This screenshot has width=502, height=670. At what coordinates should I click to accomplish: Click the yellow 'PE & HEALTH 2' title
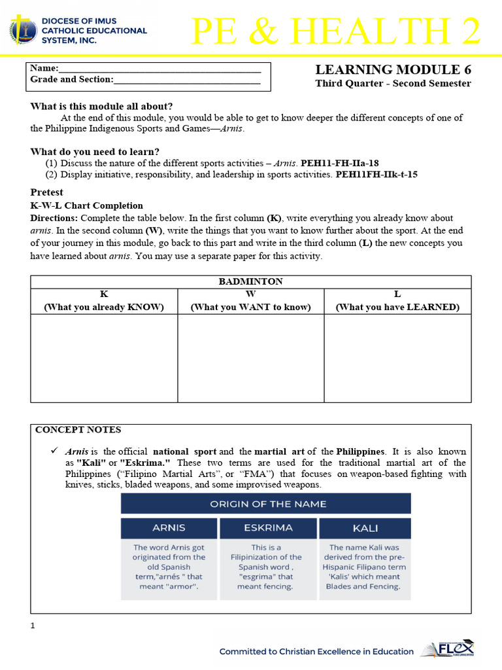click(336, 31)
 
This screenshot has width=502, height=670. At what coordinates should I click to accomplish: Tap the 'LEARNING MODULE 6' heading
click(393, 70)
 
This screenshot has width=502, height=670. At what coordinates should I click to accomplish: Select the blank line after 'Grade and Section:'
click(187, 80)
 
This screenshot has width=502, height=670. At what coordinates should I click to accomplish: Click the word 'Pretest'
click(47, 192)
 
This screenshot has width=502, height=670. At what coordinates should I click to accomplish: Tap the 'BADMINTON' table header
click(250, 281)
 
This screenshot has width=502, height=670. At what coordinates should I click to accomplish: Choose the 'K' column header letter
click(103, 294)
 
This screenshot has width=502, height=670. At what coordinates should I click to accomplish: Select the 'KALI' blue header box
click(365, 528)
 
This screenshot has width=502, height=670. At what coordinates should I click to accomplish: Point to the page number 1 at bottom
click(32, 626)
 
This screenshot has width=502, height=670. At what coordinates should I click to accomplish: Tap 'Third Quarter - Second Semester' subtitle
click(393, 84)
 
